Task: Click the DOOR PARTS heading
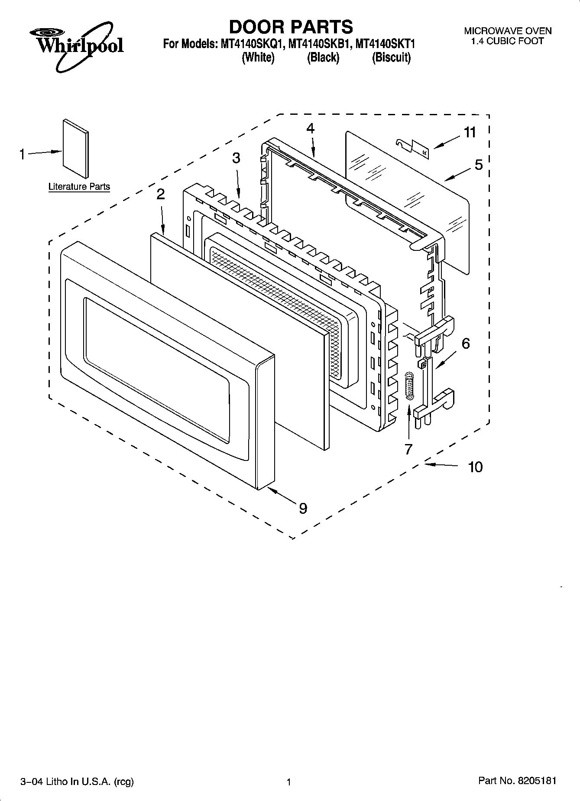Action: (291, 27)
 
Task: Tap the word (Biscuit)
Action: (391, 58)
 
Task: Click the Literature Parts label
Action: (79, 187)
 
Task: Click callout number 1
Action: (22, 154)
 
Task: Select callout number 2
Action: (160, 194)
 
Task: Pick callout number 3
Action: (236, 158)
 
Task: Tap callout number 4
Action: (310, 128)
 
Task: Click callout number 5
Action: (478, 165)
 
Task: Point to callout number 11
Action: (470, 133)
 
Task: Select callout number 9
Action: (303, 508)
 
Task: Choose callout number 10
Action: (475, 467)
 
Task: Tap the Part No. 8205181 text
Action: (517, 781)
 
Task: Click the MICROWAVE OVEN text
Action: (508, 31)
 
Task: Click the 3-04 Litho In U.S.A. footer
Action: (77, 782)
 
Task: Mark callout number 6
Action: (465, 344)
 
